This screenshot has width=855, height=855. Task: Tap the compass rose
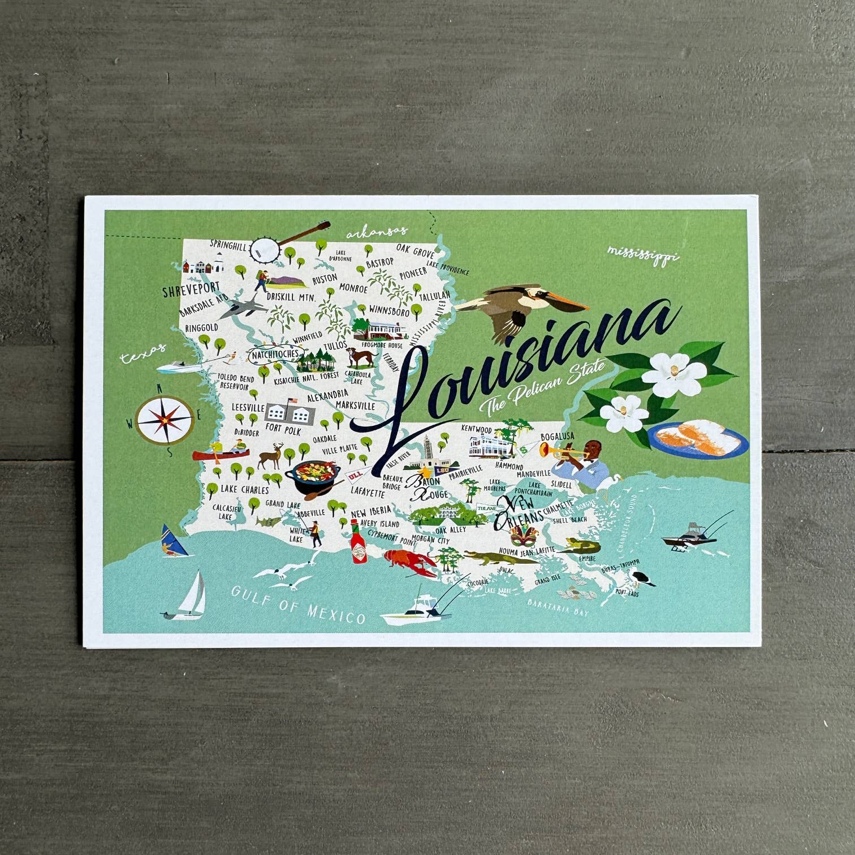(164, 420)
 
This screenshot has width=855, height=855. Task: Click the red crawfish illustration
(410, 563)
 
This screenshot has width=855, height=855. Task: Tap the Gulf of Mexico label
(298, 603)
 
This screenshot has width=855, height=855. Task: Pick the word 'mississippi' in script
(643, 254)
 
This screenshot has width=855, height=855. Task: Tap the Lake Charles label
(244, 489)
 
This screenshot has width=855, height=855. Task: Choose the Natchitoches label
(275, 355)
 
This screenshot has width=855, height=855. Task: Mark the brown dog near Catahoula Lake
(361, 357)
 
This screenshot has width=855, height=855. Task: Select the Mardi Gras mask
(524, 534)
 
